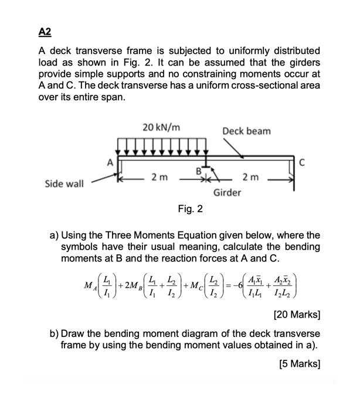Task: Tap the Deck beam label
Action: pos(246,131)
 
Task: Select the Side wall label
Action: pos(64,183)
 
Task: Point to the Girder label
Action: pos(227,193)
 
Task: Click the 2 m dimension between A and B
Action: pos(158,177)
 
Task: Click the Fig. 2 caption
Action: pos(190,209)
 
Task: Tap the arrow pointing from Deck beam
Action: pos(246,148)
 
